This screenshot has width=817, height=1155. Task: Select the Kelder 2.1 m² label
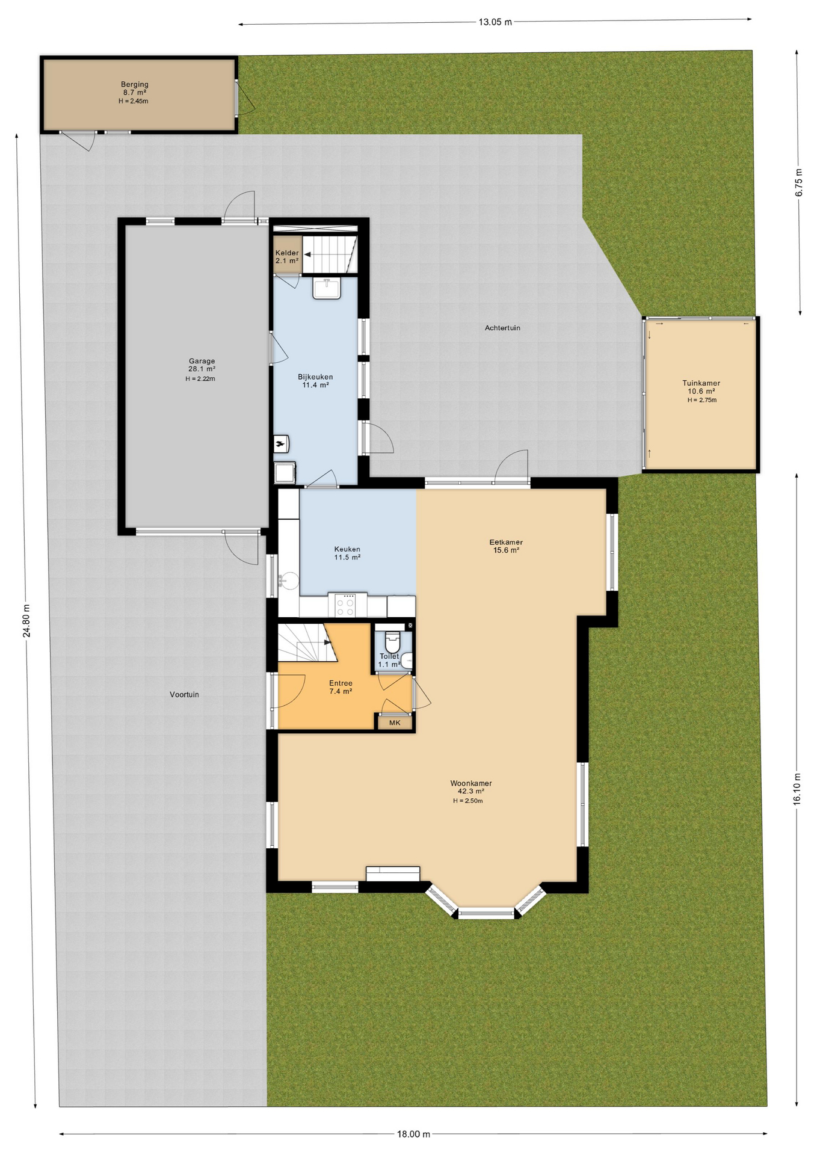pyautogui.click(x=287, y=257)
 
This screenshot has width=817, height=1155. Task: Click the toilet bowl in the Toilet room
pyautogui.click(x=392, y=640)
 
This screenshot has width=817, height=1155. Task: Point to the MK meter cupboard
pyautogui.click(x=395, y=722)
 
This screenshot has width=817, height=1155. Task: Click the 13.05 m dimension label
pyautogui.click(x=495, y=22)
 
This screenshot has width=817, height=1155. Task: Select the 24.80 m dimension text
pyautogui.click(x=26, y=620)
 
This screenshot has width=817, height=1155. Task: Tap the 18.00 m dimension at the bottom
pyautogui.click(x=413, y=1134)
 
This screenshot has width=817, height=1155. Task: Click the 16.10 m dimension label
pyautogui.click(x=797, y=789)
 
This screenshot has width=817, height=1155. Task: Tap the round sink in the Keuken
pyautogui.click(x=289, y=581)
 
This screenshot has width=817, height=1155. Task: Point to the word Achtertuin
pyautogui.click(x=502, y=328)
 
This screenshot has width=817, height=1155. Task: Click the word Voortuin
pyautogui.click(x=184, y=694)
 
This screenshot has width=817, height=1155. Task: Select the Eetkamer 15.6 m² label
pyautogui.click(x=506, y=546)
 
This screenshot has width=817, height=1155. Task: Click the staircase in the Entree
pyautogui.click(x=306, y=642)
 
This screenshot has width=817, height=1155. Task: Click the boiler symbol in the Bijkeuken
pyautogui.click(x=281, y=444)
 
